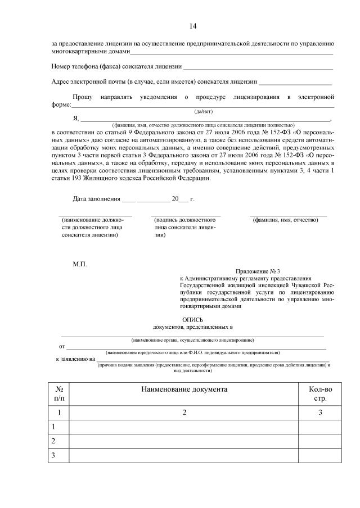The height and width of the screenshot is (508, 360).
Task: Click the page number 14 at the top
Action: [193, 26]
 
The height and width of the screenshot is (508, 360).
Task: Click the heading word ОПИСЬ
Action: [193, 319]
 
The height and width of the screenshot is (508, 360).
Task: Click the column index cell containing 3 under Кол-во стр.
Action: [319, 413]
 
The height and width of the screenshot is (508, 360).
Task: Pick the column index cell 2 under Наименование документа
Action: [183, 413]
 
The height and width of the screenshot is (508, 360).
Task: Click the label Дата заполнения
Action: [97, 199]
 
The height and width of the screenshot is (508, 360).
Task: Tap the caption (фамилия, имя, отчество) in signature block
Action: [286, 220]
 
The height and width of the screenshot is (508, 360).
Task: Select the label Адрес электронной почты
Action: [88, 82]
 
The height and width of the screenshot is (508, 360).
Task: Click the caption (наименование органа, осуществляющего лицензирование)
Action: [192, 340]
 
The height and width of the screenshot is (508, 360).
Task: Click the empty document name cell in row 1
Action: [183, 427]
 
